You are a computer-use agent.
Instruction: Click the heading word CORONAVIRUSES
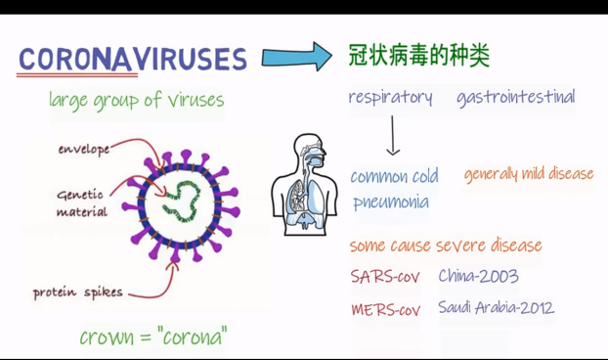[x=133, y=60]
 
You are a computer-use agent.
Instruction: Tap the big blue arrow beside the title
[x=296, y=57]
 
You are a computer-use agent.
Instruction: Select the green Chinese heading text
[x=418, y=56]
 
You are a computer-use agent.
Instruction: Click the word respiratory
[x=390, y=98]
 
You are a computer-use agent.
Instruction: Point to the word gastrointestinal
[x=516, y=97]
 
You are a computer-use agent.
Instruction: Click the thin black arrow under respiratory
[x=392, y=135]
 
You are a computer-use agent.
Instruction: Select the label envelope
[x=84, y=150]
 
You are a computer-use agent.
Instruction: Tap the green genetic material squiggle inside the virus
[x=182, y=201]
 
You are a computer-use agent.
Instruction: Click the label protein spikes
[x=78, y=292]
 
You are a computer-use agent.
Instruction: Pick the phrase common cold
[x=394, y=177]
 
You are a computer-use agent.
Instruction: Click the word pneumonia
[x=391, y=202]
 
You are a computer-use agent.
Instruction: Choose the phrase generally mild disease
[x=529, y=174]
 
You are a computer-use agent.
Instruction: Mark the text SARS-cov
[x=385, y=277]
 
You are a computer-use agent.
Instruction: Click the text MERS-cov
[x=386, y=309]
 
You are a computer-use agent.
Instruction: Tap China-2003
[x=479, y=276]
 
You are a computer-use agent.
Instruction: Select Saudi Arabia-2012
[x=497, y=307]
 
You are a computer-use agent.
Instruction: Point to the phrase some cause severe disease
[x=446, y=246]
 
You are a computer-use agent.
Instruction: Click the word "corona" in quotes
[x=193, y=337]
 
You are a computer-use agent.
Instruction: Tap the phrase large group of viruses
[x=137, y=100]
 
